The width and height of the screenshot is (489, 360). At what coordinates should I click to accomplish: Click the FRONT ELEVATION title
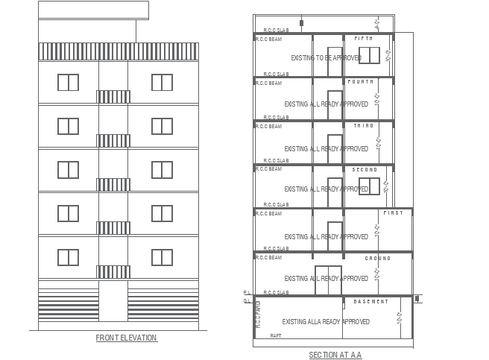tap(126, 338)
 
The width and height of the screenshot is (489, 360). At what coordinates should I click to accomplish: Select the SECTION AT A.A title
tap(335, 355)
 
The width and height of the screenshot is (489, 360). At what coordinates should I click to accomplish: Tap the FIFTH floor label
tap(363, 38)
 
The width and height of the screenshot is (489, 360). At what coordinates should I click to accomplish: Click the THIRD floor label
tap(363, 126)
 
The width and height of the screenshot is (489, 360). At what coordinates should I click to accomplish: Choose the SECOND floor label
tap(365, 170)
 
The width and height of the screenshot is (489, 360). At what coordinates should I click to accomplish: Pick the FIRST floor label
tap(393, 213)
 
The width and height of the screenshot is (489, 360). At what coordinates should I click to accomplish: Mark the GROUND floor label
tap(377, 258)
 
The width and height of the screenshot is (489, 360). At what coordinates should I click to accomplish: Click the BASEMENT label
tap(370, 301)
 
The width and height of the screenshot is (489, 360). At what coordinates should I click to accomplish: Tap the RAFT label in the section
tap(276, 336)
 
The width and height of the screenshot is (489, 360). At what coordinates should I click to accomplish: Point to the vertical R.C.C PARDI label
tap(257, 314)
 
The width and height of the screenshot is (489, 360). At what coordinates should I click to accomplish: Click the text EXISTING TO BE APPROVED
tap(326, 57)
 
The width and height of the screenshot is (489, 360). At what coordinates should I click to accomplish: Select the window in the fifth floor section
tap(369, 55)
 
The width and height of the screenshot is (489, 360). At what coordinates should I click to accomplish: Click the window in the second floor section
tap(369, 186)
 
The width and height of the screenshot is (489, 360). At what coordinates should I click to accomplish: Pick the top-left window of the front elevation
tap(68, 82)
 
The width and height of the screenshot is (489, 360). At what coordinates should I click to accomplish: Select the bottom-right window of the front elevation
tap(162, 257)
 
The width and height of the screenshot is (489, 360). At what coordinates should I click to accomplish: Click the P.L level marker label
tap(245, 293)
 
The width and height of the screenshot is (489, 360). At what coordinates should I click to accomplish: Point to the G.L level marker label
tap(245, 301)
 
